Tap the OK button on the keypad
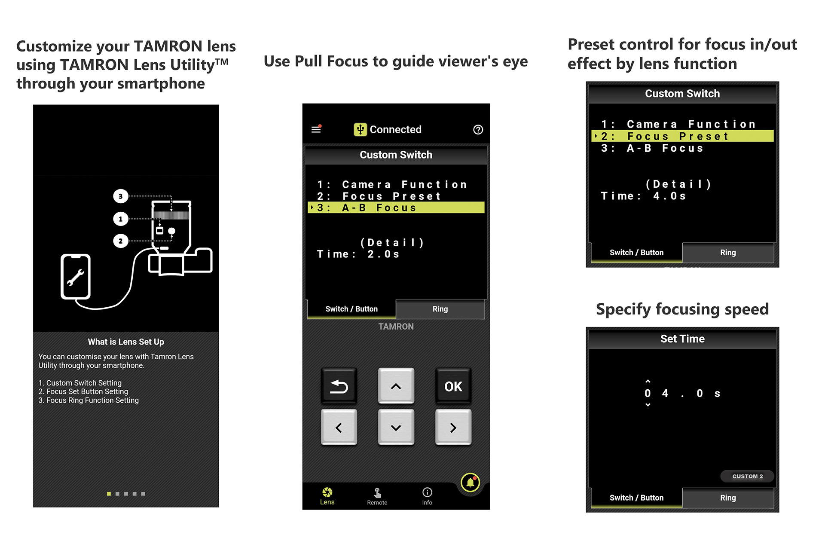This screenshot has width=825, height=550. tap(453, 386)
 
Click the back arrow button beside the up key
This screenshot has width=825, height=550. tap(339, 386)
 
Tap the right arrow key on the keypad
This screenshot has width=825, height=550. tap(453, 427)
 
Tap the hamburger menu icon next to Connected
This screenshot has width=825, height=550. tap(316, 129)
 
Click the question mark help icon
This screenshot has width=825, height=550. tap(478, 129)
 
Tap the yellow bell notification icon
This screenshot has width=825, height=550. tap(470, 483)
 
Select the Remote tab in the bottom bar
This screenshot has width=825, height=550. tap(377, 496)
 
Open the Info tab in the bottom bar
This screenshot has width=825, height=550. tap(427, 496)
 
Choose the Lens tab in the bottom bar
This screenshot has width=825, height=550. tap(327, 496)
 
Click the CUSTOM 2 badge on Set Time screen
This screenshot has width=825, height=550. tap(747, 476)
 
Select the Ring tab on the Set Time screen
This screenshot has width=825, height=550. tap(728, 498)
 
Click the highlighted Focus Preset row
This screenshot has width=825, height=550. tap(682, 136)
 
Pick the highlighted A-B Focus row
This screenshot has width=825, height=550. tap(396, 208)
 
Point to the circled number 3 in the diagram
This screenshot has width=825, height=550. tap(121, 196)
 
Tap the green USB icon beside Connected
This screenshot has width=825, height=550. tap(360, 129)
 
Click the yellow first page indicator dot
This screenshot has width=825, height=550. tap(109, 494)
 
